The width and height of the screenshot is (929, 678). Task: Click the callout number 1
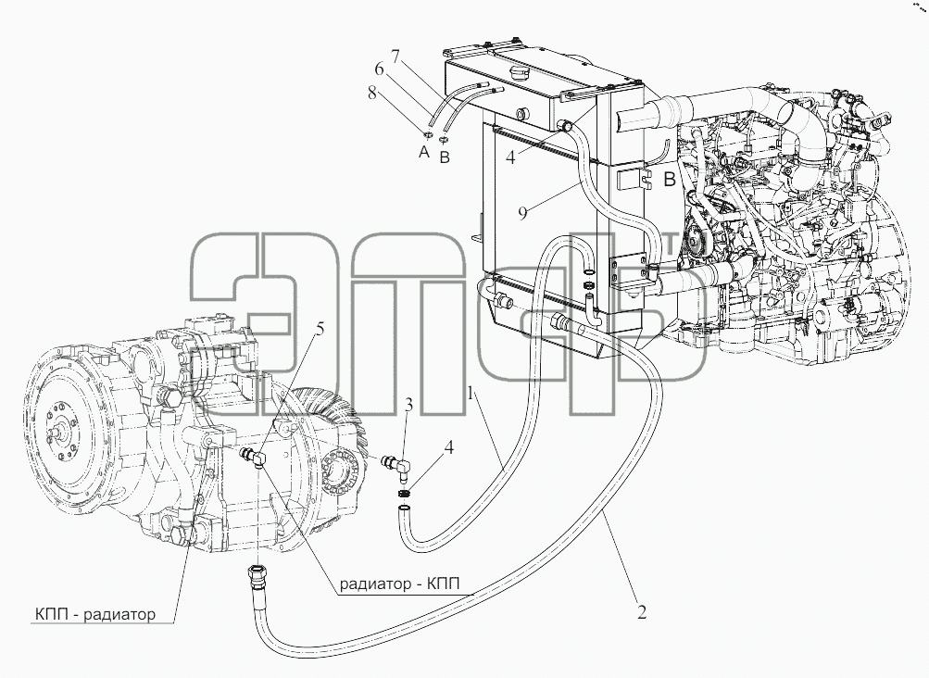pos(471,394)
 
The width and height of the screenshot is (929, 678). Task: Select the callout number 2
pos(642,611)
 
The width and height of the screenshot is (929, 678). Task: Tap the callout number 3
pos(408,406)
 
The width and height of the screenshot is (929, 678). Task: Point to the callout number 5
pos(320,328)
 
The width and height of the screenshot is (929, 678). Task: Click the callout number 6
pos(379,69)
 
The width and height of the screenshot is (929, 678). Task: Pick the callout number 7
pos(395,57)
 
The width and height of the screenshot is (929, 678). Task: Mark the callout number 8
pos(371,93)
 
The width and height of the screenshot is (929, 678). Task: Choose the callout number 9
pos(522,213)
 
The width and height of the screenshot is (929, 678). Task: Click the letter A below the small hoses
pos(423,153)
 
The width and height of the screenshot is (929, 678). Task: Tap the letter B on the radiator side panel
pos(669,180)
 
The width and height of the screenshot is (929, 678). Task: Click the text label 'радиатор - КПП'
pos(398,584)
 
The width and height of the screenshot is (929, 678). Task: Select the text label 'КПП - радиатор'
pos(95,614)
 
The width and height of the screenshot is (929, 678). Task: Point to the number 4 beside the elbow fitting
pos(449,447)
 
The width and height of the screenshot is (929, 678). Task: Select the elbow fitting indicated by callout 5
pos(253,457)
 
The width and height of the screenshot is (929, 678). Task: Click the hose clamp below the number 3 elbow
pos(404,494)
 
